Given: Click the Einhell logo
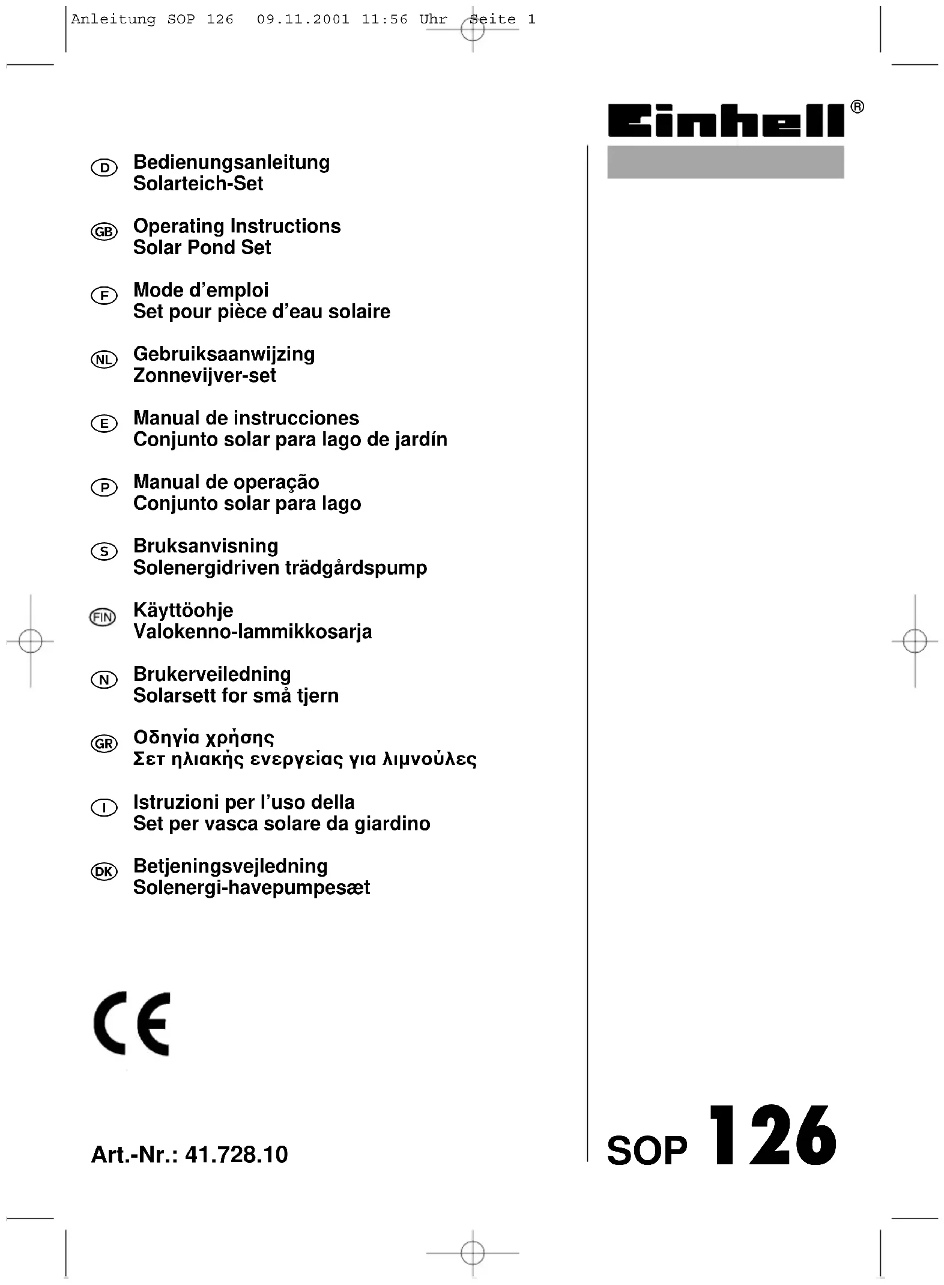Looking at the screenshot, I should point(725,121).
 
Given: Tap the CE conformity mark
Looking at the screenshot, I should point(132,1024).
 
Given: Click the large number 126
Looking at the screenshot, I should point(773,1137).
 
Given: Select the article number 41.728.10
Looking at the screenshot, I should point(237,1154).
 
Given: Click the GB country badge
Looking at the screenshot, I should point(104,232).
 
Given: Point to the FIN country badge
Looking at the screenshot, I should point(103,617).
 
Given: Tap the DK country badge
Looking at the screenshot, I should point(104,872).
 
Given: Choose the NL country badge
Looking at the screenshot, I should point(104,360).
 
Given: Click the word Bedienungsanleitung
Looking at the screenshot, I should point(231,162).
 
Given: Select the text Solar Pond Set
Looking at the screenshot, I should point(202,247).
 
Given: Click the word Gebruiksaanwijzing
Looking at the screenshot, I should point(224,354).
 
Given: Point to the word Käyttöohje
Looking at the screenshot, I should point(183,610).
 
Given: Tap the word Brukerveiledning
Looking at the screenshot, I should point(212,674).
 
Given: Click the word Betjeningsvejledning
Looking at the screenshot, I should point(231,866).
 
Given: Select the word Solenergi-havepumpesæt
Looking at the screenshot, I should point(252,887).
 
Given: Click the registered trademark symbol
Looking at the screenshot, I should point(858,107).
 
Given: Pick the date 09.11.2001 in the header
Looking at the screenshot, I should point(303,19).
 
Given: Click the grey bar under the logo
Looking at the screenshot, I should point(725,162).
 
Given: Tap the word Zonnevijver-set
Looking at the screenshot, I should point(205,375).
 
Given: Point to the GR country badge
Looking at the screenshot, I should point(104,744).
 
